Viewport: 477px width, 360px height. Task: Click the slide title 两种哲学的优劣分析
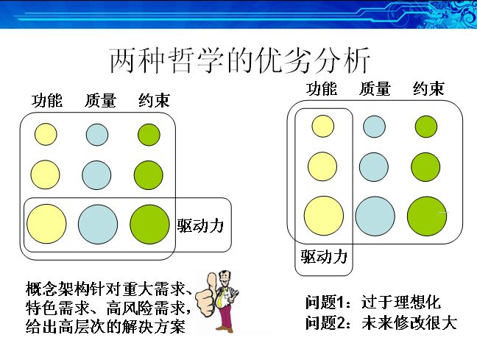(239, 60)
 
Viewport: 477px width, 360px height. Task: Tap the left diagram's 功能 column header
(47, 100)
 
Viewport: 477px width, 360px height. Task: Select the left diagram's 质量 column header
(100, 100)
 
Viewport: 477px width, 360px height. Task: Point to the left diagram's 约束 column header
(154, 100)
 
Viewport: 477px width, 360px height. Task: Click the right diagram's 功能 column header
(322, 89)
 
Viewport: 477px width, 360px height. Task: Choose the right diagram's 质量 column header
(375, 89)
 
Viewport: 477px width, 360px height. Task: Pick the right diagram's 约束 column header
(428, 89)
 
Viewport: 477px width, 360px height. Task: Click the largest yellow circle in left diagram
(46, 224)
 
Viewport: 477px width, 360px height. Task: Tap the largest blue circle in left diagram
(98, 225)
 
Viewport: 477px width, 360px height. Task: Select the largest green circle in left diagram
(149, 225)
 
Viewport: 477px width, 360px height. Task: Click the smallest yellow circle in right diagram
(322, 126)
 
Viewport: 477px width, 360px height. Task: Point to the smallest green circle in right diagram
(426, 127)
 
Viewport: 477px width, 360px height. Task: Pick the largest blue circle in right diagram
(375, 216)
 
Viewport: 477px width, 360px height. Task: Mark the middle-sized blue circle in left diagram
(96, 175)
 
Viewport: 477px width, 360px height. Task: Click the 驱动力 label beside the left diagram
(200, 225)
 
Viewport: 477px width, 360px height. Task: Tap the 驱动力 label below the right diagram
(324, 256)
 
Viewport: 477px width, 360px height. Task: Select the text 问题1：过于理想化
(373, 302)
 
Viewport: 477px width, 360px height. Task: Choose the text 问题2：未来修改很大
(381, 322)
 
